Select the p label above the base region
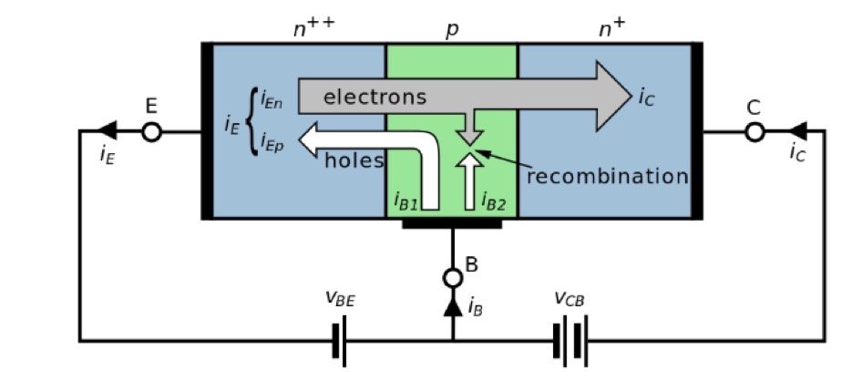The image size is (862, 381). coord(452,29)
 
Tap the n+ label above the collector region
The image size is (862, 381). coord(611,27)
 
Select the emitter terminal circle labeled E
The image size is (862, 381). coord(152,132)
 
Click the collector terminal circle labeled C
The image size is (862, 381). coord(754,132)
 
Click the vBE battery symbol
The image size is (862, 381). coord(340,341)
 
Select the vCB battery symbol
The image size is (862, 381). coord(569,341)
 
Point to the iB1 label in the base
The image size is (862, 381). coord(405,201)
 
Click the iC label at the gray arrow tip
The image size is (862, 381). coord(645,96)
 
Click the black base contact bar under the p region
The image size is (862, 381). coord(452,223)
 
